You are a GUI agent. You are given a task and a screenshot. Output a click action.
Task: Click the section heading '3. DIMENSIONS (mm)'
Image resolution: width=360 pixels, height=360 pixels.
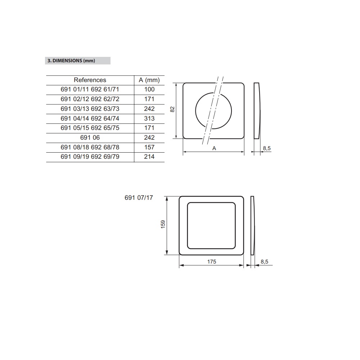tap(71, 60)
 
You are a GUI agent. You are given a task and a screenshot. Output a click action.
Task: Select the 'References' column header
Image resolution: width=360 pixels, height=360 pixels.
tap(90, 80)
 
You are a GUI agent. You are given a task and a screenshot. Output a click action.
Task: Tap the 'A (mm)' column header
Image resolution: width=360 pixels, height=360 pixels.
tap(149, 80)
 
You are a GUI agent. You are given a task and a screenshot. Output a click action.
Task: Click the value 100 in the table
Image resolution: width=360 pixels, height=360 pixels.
tap(149, 89)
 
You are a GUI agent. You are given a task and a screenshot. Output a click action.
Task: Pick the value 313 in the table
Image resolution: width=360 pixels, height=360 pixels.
tap(149, 118)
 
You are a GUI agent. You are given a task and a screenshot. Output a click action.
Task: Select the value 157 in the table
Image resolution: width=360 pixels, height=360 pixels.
tap(149, 147)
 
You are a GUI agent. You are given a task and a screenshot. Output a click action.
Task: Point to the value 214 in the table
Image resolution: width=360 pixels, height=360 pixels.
tap(149, 157)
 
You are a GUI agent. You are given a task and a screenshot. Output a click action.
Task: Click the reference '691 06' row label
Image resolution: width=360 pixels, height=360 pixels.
tap(90, 138)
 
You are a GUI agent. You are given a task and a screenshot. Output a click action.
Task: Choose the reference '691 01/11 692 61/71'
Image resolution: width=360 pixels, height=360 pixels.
tap(90, 89)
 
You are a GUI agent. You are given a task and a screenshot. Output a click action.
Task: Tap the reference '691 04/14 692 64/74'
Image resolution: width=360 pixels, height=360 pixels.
tap(90, 118)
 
